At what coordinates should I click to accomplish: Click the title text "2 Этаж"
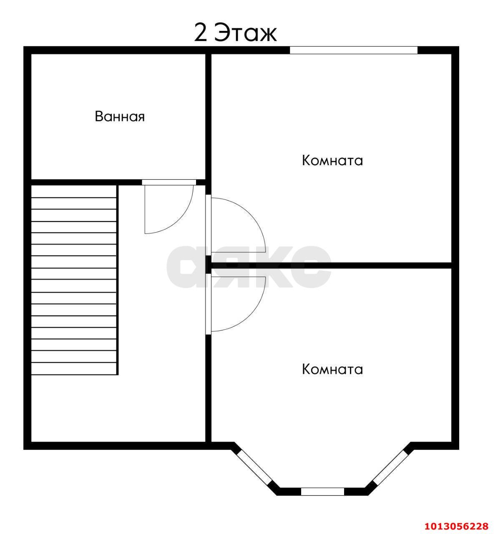pos(235,33)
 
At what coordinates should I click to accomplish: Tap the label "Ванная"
pos(120,116)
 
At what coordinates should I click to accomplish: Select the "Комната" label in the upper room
pos(332,161)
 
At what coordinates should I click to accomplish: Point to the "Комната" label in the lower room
pos(332,369)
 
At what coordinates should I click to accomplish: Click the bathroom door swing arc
pos(184,219)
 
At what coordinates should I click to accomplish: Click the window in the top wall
pos(354,50)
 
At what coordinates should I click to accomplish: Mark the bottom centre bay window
pos(322,491)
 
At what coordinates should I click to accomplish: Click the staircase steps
pos(74,280)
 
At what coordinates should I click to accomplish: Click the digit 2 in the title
pos(201,33)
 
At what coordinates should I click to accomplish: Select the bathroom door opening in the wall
pos(169,182)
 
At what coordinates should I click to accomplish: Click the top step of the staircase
pos(74,191)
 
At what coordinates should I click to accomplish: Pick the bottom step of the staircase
pos(74,369)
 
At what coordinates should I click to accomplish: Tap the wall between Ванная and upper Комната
pos(208,117)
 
